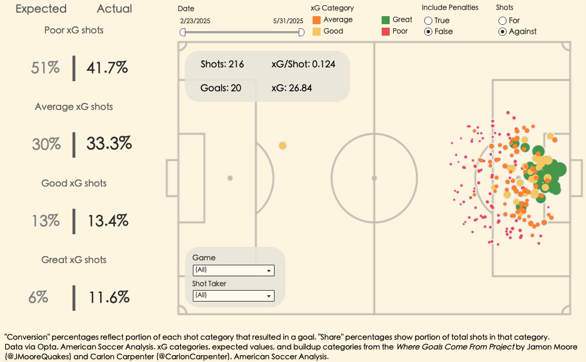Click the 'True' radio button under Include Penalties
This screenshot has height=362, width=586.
click(428, 21)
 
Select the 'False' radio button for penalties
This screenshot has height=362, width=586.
click(428, 32)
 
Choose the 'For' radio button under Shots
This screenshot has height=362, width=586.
click(503, 21)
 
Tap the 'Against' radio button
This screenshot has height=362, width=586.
click(503, 32)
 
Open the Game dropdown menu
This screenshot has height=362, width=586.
click(233, 270)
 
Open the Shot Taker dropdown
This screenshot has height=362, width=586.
click(233, 295)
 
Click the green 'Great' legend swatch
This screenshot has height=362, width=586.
click(386, 20)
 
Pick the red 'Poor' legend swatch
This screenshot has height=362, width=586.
click(386, 31)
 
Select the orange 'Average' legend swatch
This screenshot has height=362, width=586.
click(317, 20)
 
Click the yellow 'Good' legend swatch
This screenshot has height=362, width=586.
click(317, 31)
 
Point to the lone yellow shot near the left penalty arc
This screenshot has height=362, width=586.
click(283, 146)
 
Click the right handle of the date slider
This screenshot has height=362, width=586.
click(301, 32)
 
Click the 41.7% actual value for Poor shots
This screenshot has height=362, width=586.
click(107, 68)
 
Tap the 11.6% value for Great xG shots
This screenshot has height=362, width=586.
click(109, 298)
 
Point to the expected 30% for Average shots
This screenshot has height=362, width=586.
click(46, 144)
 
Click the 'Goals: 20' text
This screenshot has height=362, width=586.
click(220, 88)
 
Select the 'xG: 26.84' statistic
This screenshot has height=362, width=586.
click(291, 88)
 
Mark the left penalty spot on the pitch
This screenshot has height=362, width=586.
click(230, 178)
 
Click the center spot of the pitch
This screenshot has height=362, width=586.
click(374, 178)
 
